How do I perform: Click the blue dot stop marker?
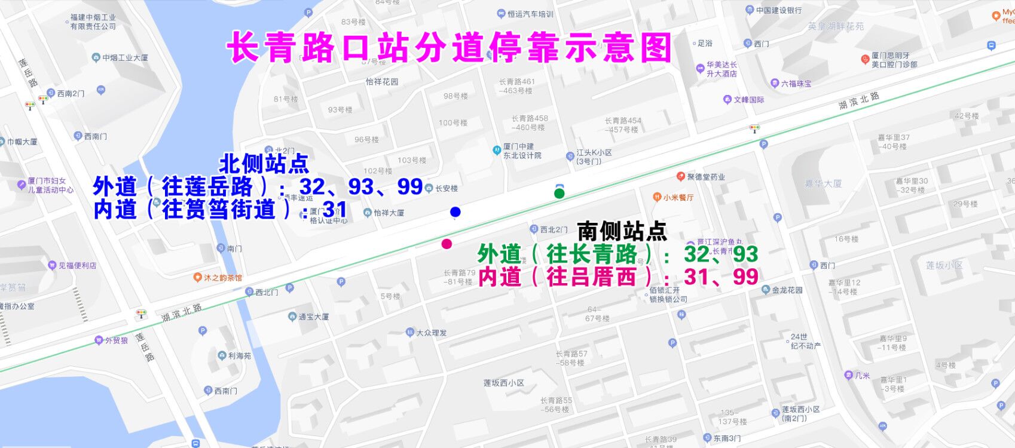pos(455,211)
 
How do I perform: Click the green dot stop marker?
pos(559,194)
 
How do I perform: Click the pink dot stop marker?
pos(447,244)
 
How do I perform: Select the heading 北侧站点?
pos(264,163)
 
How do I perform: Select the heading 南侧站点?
pos(622,231)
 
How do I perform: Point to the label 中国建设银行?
pos(778,10)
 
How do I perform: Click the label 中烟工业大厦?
pos(125,58)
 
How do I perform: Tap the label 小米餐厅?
pos(678,197)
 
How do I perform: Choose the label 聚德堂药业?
pos(705,177)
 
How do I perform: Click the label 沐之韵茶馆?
pos(222,278)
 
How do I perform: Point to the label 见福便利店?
pos(77,265)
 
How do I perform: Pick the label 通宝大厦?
pos(313,317)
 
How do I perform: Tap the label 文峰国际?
pos(748,100)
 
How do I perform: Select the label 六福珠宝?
pos(796,84)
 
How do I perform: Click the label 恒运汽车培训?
pos(530,14)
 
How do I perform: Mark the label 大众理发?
pos(431,333)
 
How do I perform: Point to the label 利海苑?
pos(239,355)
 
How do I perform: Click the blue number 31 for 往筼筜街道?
pos(335,210)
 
